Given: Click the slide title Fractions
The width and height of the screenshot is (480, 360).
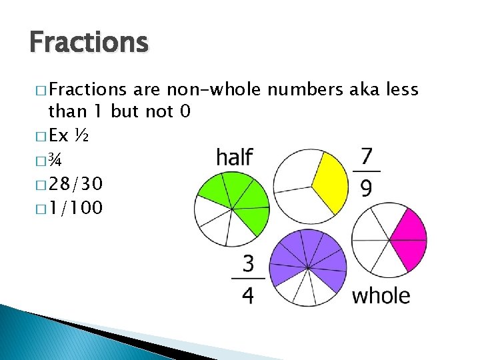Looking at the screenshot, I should (x=88, y=42).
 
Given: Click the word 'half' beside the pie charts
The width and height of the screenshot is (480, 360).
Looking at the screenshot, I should (x=234, y=158).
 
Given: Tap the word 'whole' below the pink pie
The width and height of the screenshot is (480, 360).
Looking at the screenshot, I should (x=381, y=295).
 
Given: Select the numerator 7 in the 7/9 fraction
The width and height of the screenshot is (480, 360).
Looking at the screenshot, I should (x=366, y=157).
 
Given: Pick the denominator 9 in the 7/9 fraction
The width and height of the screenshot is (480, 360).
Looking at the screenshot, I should (x=366, y=189).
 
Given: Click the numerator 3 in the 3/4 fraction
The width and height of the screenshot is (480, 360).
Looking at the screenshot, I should (x=248, y=265).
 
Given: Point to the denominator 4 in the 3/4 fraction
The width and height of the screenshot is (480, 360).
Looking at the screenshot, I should (x=248, y=295).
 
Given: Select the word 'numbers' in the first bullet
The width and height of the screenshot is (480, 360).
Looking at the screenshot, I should (x=307, y=90).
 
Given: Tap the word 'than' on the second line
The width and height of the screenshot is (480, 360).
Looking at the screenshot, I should (x=69, y=111).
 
